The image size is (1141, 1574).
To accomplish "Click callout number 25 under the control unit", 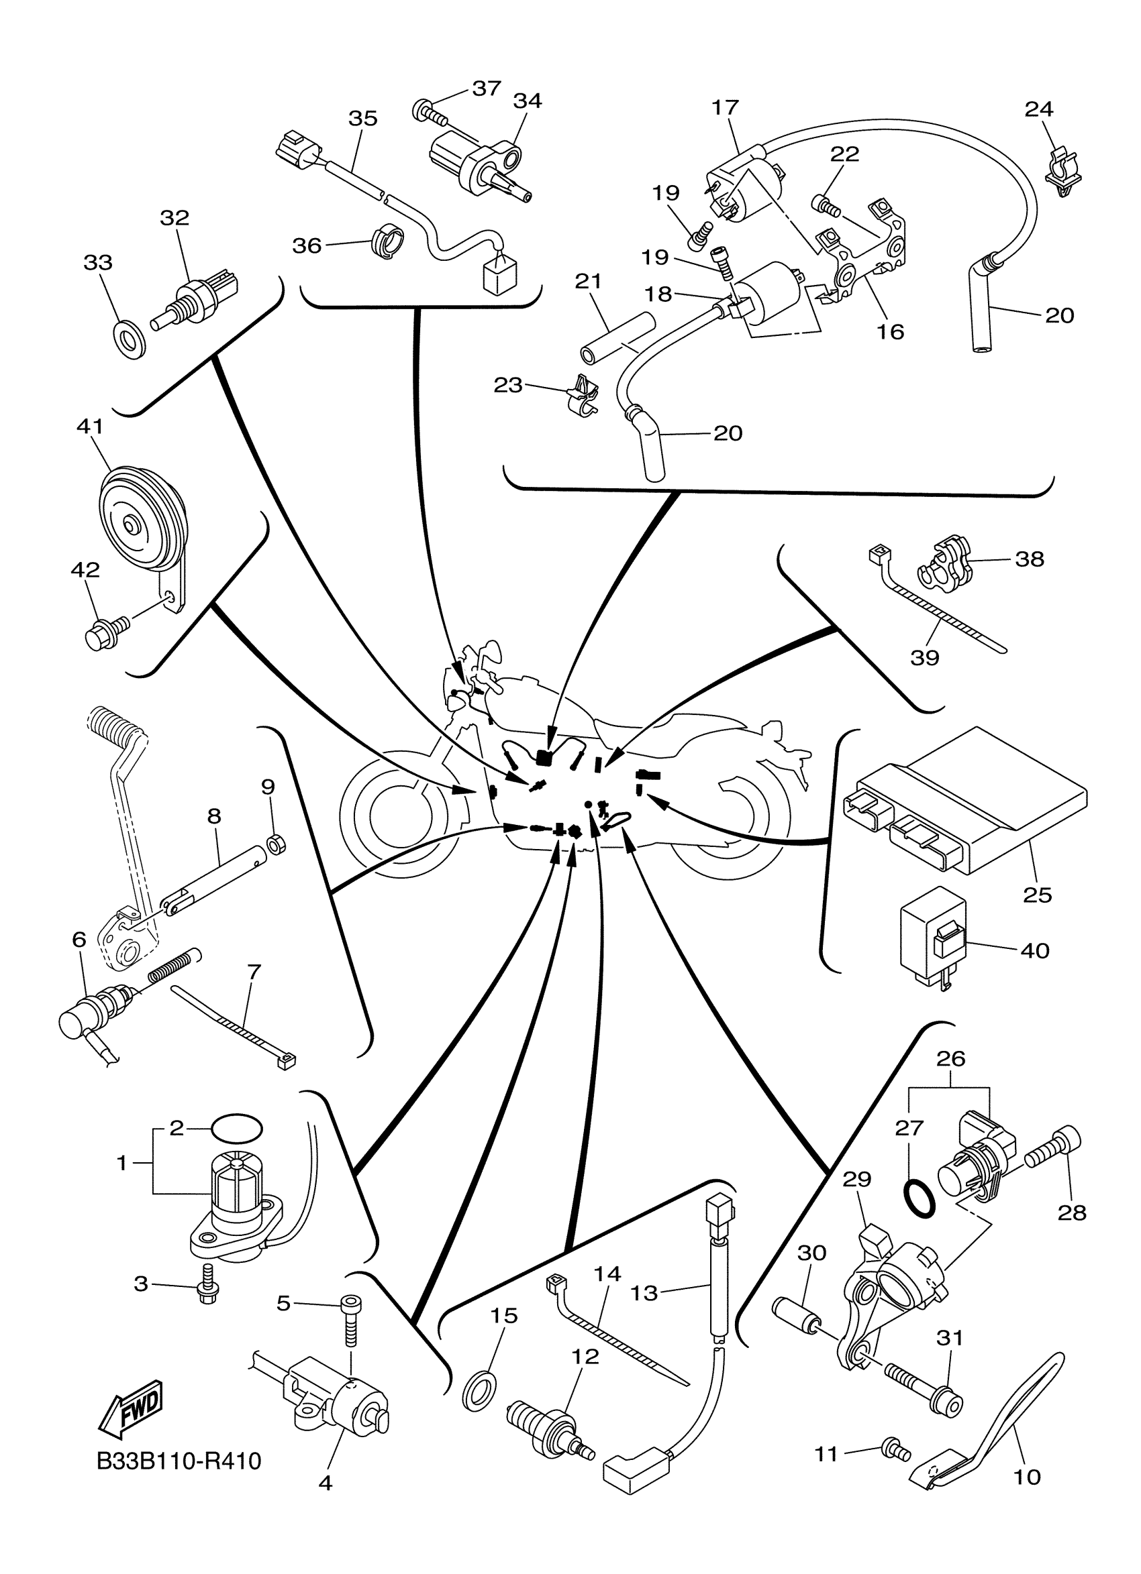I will tap(1037, 895).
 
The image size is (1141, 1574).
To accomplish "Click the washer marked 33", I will tap(128, 339).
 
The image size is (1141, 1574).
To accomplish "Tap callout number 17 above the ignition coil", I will tap(725, 107).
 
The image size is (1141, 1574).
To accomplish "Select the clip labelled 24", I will tap(1060, 172).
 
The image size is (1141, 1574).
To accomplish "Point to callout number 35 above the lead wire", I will tap(362, 119).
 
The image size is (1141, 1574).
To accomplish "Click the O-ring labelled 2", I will tap(237, 1128).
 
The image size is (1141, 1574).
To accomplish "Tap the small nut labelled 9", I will tap(275, 846).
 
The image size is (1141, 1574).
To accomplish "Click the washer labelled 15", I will tap(479, 1390).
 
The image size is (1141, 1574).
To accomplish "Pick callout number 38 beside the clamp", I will tap(1029, 559).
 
